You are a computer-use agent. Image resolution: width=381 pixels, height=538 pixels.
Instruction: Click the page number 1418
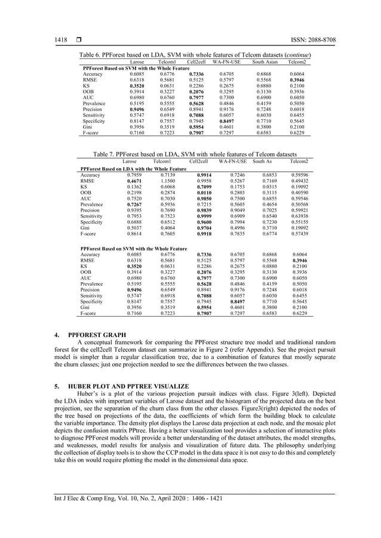[55, 40]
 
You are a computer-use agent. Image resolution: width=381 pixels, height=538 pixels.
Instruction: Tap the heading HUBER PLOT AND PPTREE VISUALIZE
[128, 388]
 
